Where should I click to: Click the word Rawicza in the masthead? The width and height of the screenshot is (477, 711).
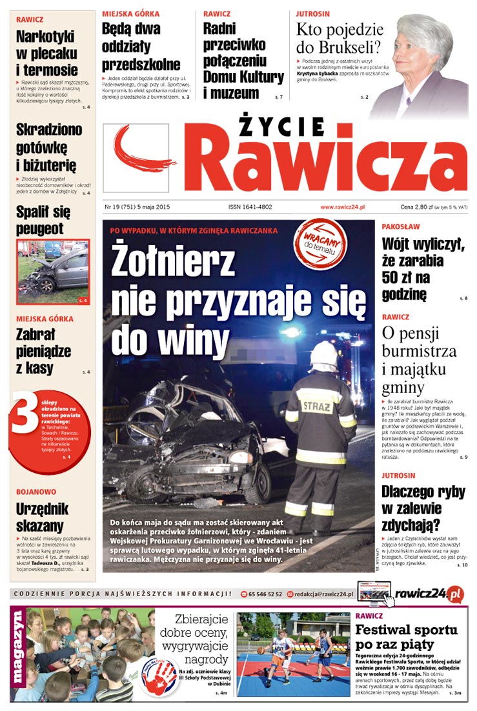[x=329, y=159]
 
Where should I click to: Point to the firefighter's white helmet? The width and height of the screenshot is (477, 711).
[x=324, y=355]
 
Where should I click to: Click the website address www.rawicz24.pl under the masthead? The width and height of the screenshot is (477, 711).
[x=343, y=207]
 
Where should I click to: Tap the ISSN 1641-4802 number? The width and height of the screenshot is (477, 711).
[x=250, y=207]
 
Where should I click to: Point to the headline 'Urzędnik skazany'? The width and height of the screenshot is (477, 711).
[x=40, y=517]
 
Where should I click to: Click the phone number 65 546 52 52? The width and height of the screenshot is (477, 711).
[x=265, y=594]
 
